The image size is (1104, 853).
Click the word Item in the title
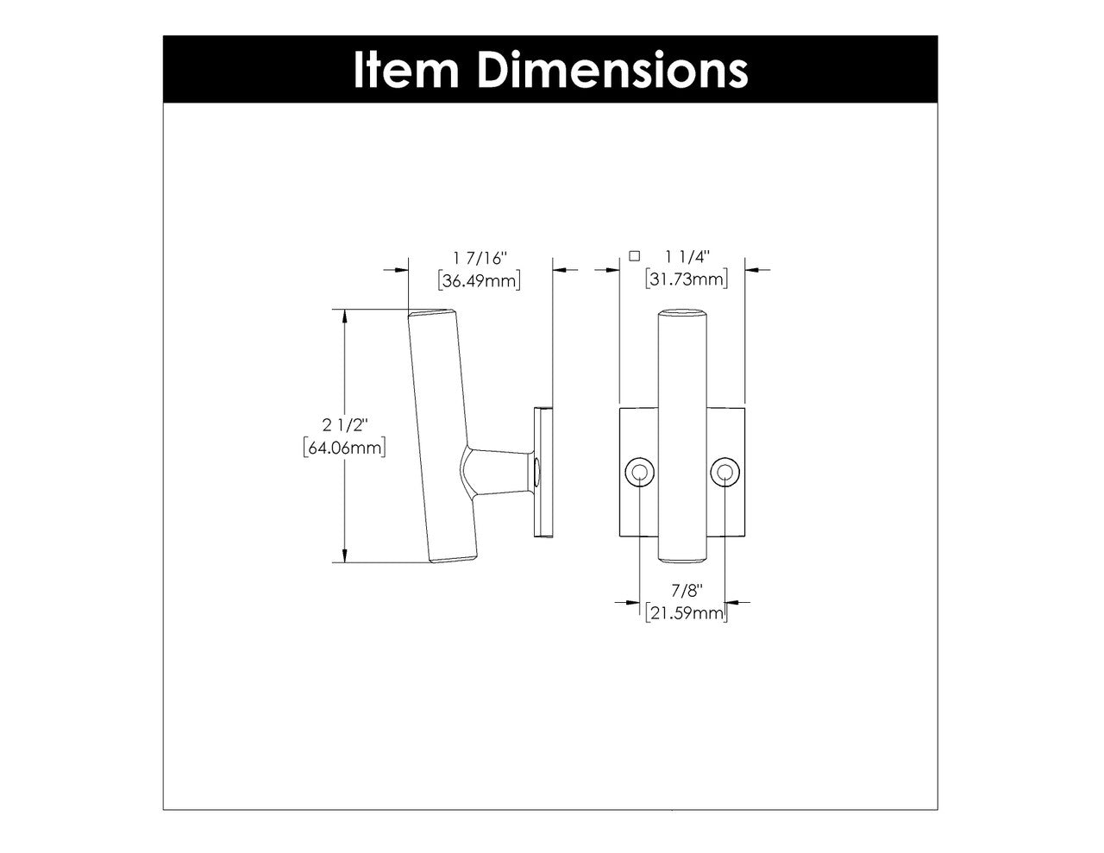click(x=405, y=70)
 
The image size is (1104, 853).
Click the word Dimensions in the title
click(x=612, y=70)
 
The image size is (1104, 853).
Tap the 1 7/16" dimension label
click(x=480, y=258)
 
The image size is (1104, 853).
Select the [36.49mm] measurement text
click(x=480, y=280)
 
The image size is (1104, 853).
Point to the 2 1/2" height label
click(x=345, y=424)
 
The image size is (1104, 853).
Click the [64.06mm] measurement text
click(x=345, y=448)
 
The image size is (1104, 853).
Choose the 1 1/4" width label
click(x=687, y=257)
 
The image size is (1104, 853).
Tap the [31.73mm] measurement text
click(x=687, y=279)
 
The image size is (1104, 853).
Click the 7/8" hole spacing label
click(x=687, y=591)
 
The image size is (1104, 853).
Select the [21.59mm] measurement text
click(x=687, y=613)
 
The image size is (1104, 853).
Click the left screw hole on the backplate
click(x=638, y=472)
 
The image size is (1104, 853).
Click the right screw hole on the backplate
click(x=725, y=472)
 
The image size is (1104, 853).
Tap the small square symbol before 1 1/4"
click(x=635, y=255)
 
